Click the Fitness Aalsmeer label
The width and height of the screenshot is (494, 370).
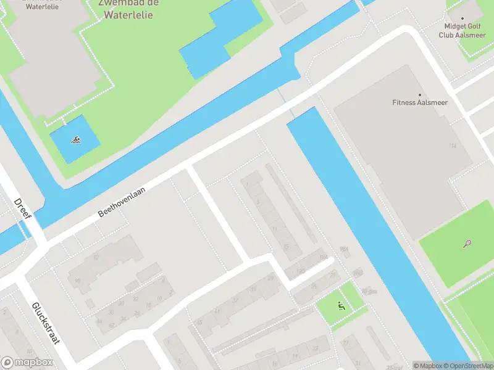tap(420, 102)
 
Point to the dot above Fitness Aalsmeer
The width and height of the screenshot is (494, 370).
tap(420, 95)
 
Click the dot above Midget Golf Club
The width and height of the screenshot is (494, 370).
tap(462, 18)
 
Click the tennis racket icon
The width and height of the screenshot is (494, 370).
tap(466, 244)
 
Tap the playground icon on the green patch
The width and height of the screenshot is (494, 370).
tap(341, 305)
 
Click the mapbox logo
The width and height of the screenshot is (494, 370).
tap(27, 363)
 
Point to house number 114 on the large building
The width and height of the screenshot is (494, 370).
tap(453, 146)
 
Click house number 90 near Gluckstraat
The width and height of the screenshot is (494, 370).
tap(77, 281)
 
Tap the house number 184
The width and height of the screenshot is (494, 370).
tap(322, 257)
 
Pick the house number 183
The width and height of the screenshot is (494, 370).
tap(301, 271)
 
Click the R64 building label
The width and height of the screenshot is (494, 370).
tap(344, 249)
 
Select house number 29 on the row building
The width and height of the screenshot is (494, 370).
tap(270, 277)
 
